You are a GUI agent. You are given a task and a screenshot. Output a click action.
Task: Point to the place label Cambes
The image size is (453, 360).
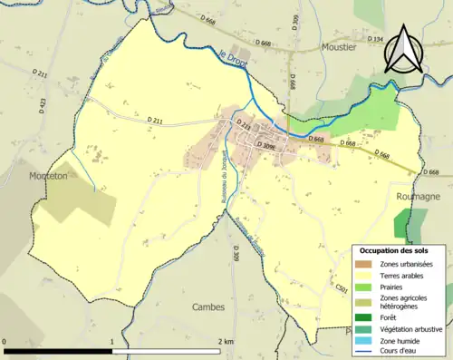coord(208,306)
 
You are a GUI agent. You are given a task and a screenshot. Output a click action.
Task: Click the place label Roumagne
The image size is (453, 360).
coord(419,195)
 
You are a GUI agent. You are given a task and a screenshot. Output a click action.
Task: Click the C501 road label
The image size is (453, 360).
coord(341,288)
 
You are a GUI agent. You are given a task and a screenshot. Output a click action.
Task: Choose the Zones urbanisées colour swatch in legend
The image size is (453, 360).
coord(369,263)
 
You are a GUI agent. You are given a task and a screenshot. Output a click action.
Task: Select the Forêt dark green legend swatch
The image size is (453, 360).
coord(369,317)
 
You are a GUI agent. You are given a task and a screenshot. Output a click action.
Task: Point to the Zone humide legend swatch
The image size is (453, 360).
coord(369,340)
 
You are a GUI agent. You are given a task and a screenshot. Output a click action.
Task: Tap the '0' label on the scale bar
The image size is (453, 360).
coord(5,341)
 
